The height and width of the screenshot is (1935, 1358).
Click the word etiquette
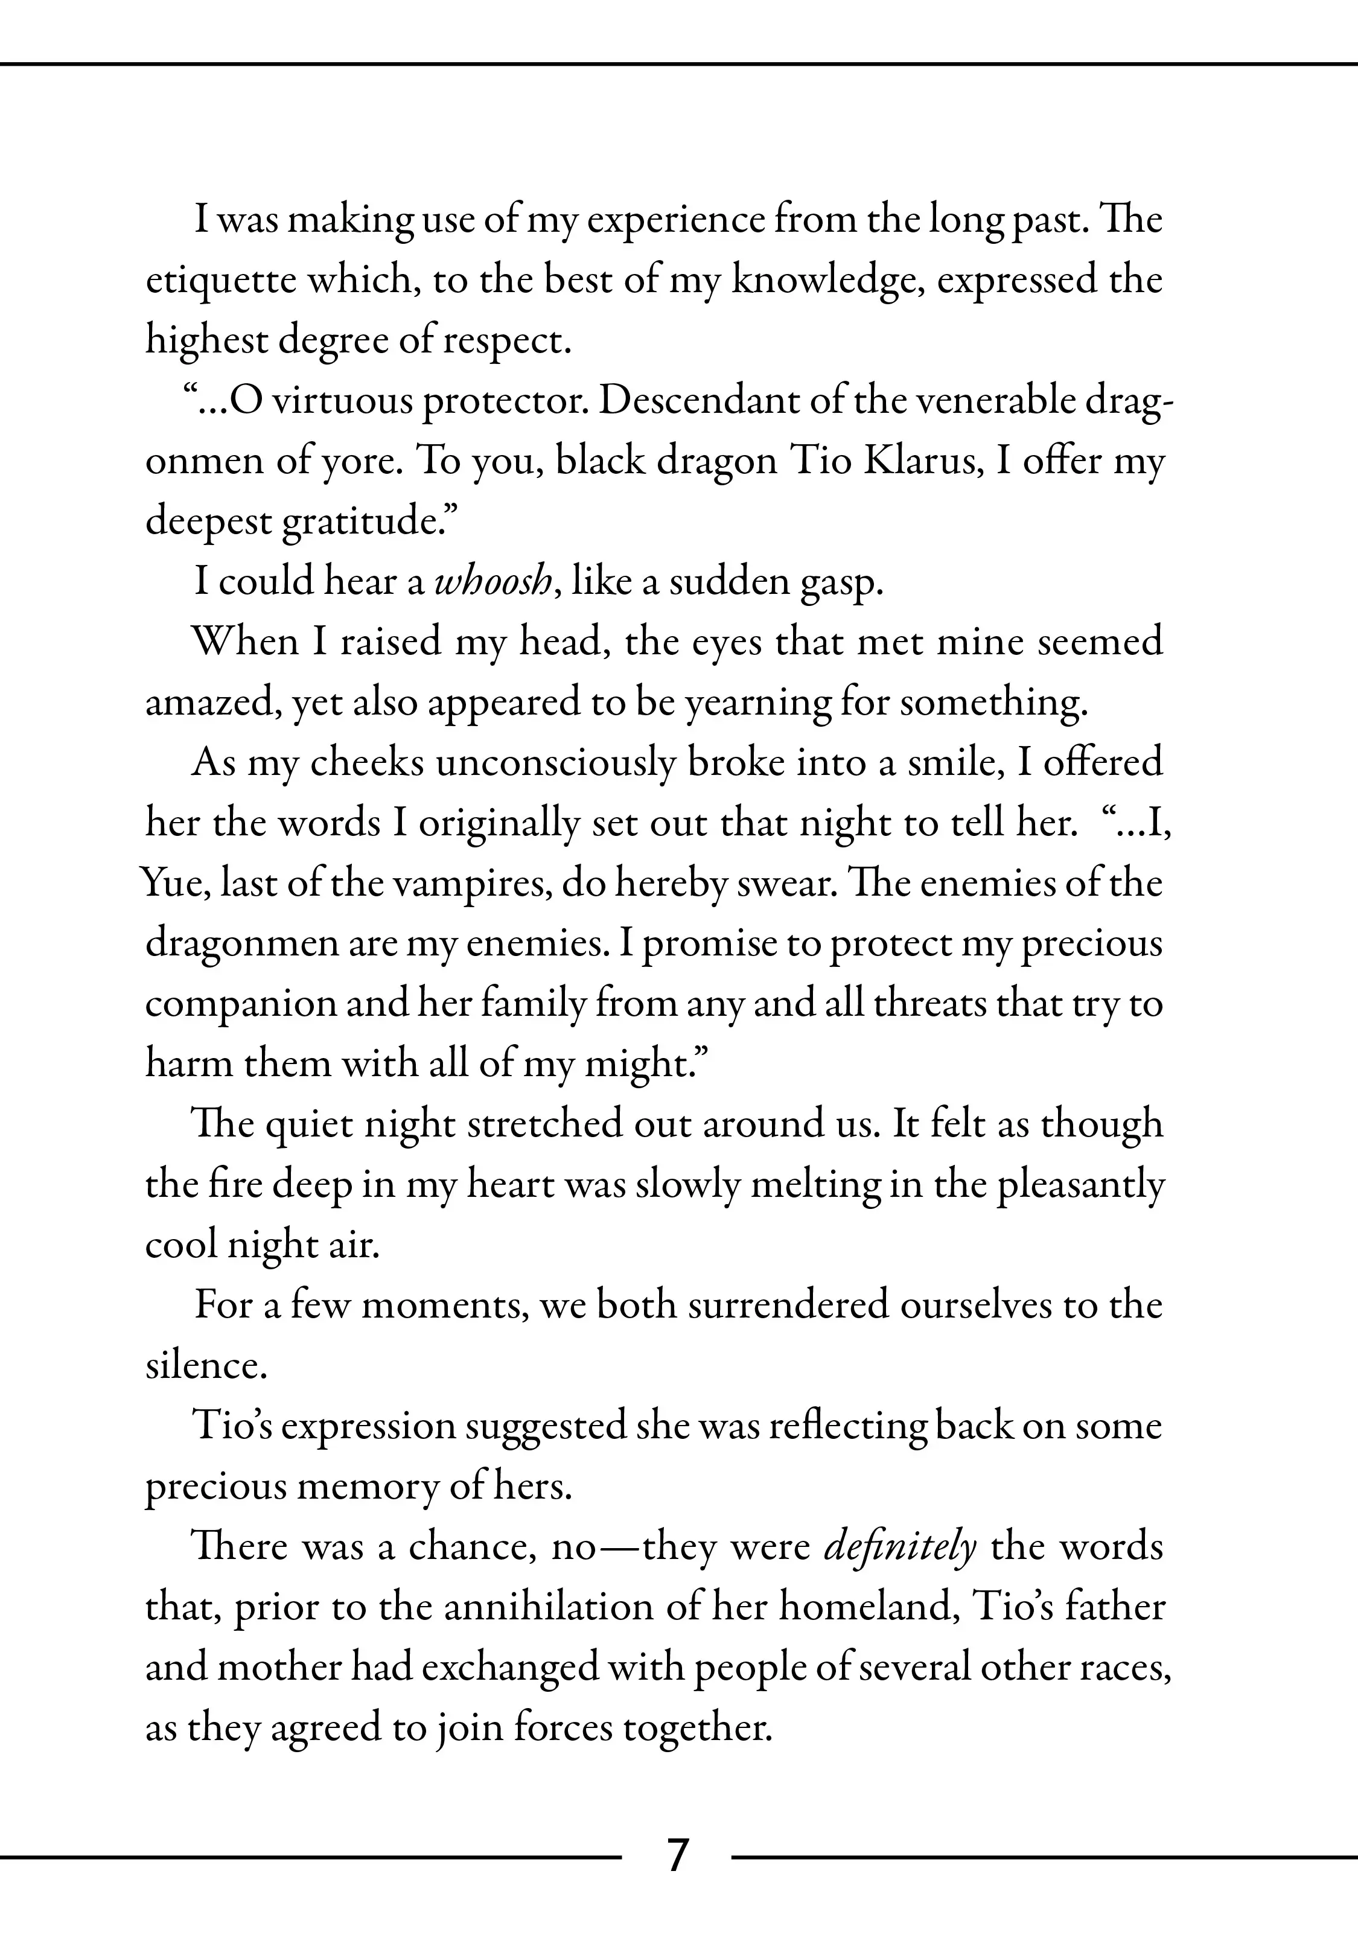[x=221, y=281]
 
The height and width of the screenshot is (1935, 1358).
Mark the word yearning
[x=757, y=704]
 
